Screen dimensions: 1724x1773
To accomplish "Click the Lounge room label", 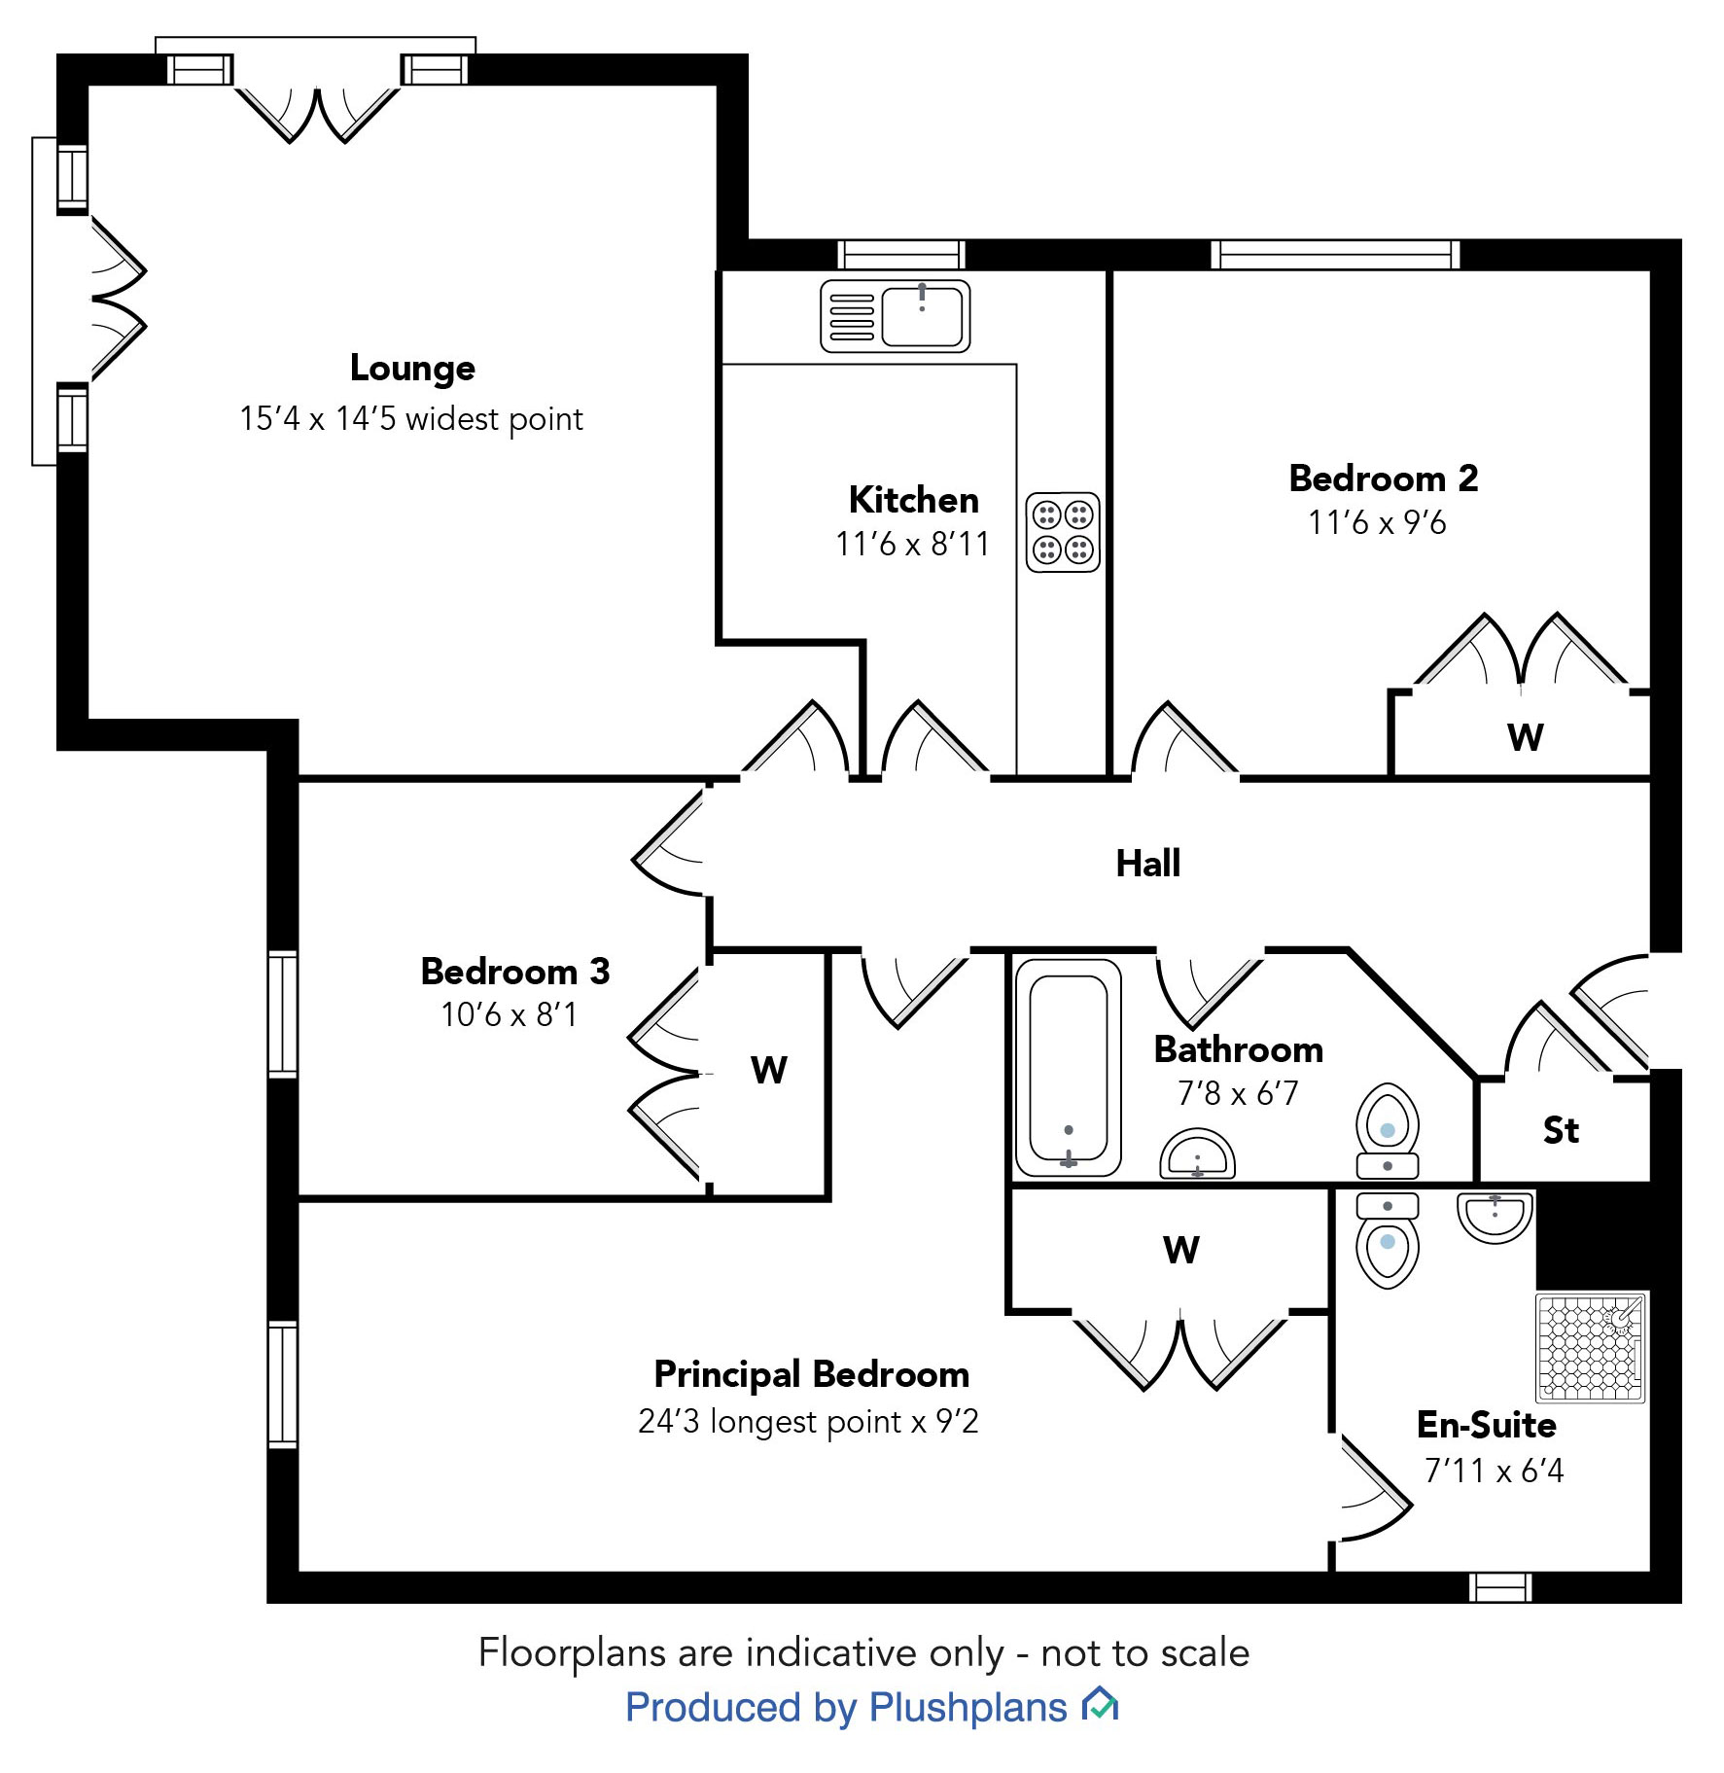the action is [x=412, y=369].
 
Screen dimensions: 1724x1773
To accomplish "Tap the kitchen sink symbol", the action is [x=895, y=316].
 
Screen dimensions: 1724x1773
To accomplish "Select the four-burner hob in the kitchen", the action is [x=1063, y=532].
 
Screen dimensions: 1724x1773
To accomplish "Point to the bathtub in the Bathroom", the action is [x=1068, y=1067].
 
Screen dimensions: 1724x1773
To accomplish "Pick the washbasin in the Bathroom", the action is [x=1197, y=1154].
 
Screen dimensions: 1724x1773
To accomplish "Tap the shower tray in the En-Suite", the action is [x=1590, y=1347].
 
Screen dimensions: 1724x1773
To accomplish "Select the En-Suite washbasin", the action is [x=1495, y=1217].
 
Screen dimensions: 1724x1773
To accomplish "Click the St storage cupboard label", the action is [x=1561, y=1130].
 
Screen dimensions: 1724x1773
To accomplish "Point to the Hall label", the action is [x=1147, y=864].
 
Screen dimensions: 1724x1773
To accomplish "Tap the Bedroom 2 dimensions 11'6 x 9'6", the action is [x=1377, y=523].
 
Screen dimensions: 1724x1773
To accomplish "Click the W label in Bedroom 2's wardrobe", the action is [x=1526, y=737].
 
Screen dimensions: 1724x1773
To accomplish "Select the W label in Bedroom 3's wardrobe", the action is [x=768, y=1071].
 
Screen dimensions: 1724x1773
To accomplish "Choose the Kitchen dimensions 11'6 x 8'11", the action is [x=912, y=545].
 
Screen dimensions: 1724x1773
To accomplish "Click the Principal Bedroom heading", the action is [x=811, y=1374].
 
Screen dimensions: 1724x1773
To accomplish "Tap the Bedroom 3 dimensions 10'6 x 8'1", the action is [x=509, y=1015].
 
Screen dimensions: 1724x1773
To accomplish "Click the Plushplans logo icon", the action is [x=1101, y=1705].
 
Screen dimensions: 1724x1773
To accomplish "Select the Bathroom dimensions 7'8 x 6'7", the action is [x=1238, y=1094].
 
